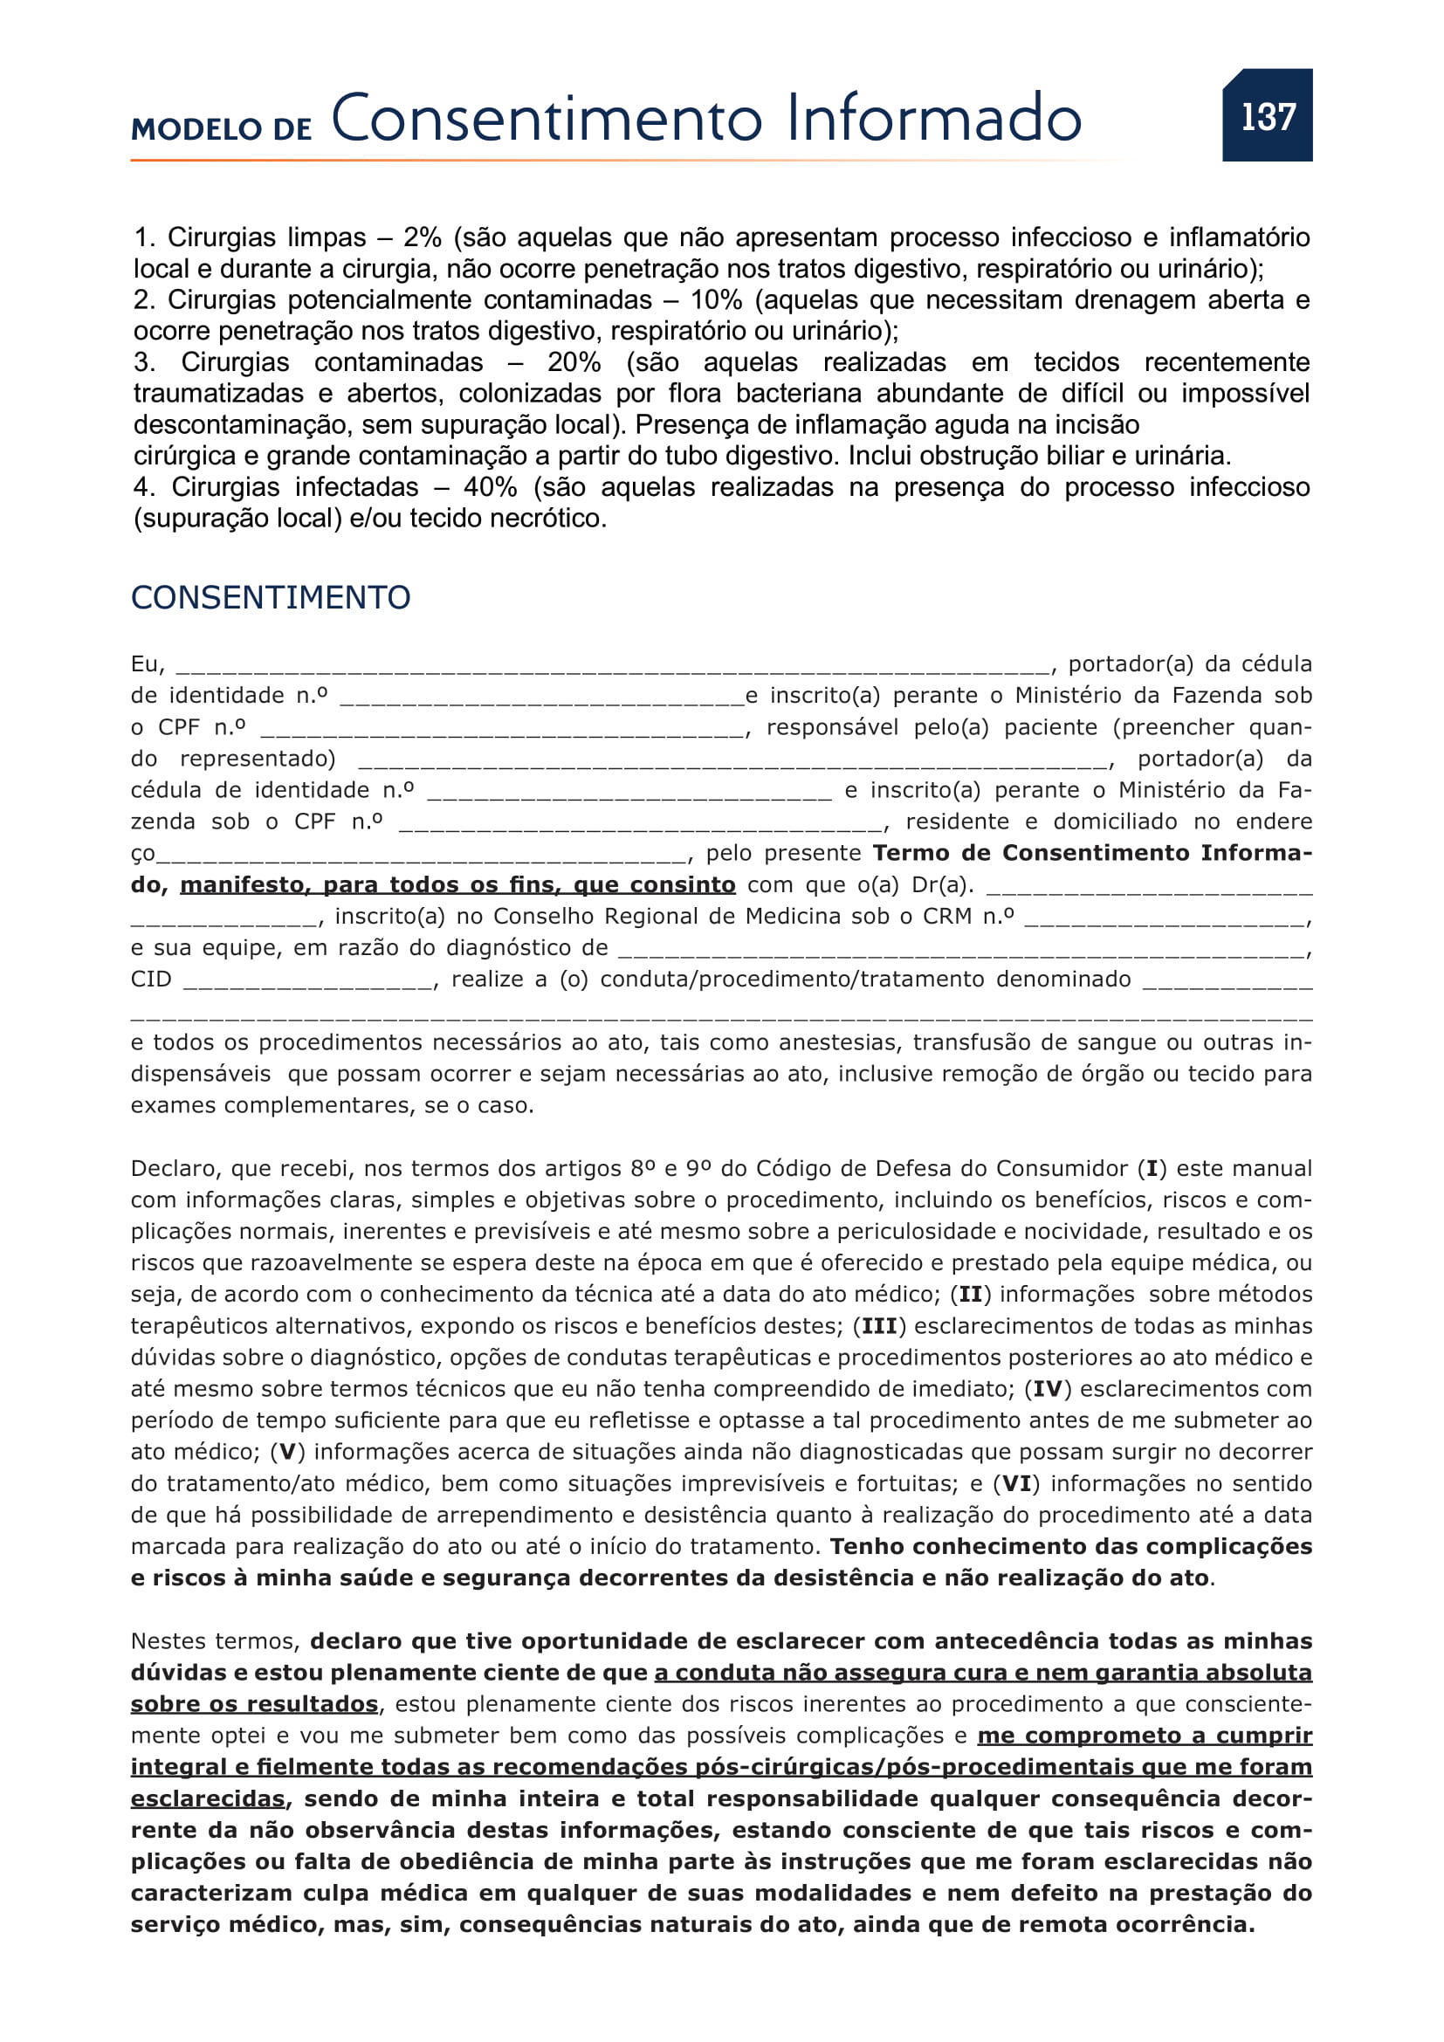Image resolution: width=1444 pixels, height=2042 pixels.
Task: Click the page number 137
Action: point(1267,116)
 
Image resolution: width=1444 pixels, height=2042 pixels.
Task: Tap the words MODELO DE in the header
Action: point(222,129)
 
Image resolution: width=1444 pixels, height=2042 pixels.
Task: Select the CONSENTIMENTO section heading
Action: point(271,598)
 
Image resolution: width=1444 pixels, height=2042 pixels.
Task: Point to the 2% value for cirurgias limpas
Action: point(423,237)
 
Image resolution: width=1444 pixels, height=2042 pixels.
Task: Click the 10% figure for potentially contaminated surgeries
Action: point(716,299)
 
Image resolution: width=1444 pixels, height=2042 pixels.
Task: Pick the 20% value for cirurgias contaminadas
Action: point(574,362)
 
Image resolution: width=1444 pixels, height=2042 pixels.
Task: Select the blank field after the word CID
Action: point(308,982)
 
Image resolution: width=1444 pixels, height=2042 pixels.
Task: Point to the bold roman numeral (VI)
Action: point(1016,1483)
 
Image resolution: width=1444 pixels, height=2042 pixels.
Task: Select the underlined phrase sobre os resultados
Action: point(254,1704)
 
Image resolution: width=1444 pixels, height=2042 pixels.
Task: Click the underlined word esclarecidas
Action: point(208,1798)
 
